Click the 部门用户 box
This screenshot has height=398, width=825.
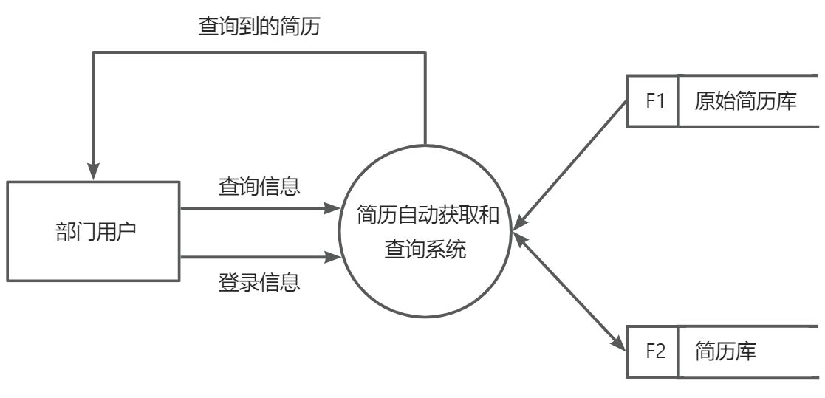(x=93, y=231)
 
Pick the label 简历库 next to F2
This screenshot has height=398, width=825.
(x=725, y=351)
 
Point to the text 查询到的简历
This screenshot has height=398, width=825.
(x=259, y=27)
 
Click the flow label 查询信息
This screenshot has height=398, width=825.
(x=259, y=185)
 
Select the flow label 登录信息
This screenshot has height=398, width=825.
(x=259, y=282)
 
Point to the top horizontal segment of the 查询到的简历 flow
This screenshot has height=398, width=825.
(x=259, y=52)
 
